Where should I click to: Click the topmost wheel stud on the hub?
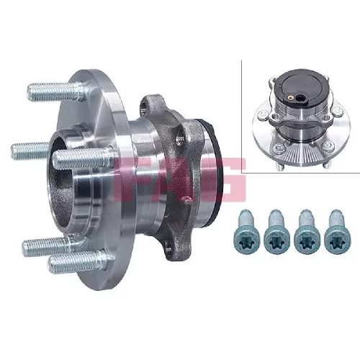(55, 91)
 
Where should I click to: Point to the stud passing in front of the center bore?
(83, 158)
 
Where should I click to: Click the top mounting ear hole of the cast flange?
(144, 107)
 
